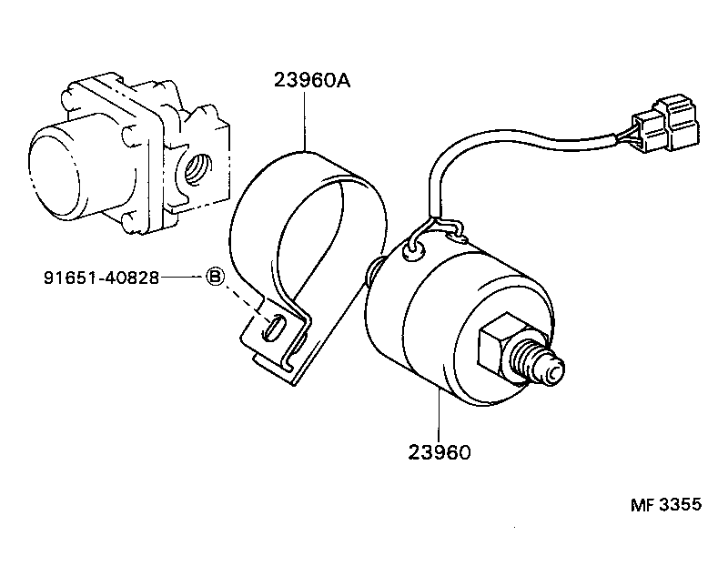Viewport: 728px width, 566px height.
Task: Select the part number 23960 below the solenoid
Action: (x=438, y=451)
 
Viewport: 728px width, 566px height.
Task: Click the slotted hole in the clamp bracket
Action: (x=273, y=328)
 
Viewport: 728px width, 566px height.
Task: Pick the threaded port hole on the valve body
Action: (x=195, y=169)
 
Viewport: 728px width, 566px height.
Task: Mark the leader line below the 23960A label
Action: (x=305, y=118)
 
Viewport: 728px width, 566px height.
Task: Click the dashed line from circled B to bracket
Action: (x=243, y=300)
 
